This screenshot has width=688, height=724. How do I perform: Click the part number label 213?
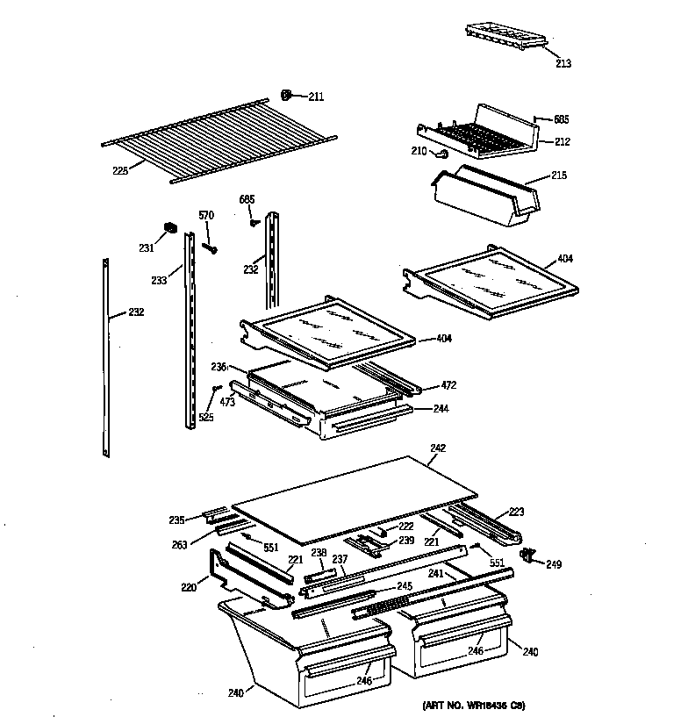pos(563,62)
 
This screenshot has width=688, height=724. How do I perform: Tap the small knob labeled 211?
pos(286,95)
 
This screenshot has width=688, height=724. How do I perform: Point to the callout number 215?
pos(559,176)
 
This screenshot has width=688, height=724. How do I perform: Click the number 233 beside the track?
pos(159,281)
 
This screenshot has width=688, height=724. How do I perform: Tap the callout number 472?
pos(448,385)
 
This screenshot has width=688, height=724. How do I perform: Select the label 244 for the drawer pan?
pos(440,408)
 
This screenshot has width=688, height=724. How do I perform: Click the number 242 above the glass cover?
pos(438,448)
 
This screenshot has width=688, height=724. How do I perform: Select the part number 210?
pos(419,151)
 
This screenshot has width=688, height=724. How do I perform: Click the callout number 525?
pos(206,417)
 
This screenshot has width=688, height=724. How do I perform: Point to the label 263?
pos(179,543)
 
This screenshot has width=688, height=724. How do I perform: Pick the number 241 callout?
pos(435,573)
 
